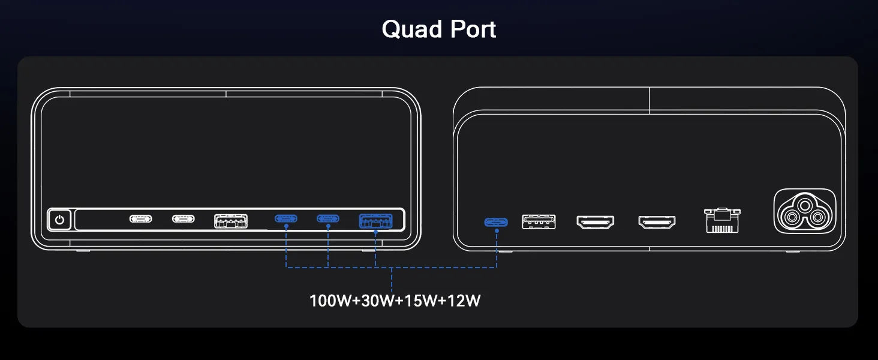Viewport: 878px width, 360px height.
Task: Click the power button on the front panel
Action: [59, 219]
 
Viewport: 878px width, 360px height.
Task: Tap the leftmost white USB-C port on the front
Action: [141, 219]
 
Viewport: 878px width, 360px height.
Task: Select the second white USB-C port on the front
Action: [184, 219]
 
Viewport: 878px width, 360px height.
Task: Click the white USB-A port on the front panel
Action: [231, 220]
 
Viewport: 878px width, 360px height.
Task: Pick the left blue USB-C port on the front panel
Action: [286, 218]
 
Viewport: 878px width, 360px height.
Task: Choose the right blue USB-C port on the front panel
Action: [328, 218]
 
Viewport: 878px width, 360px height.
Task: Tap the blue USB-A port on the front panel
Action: [375, 221]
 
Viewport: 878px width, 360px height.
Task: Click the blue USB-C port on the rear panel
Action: [496, 222]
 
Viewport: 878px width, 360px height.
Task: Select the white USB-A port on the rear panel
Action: [539, 221]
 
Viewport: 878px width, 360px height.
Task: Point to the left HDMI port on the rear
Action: [595, 222]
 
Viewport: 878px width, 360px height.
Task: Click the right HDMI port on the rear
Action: [657, 222]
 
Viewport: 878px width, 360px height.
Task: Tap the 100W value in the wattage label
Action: [330, 301]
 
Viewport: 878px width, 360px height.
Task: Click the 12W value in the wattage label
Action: [460, 301]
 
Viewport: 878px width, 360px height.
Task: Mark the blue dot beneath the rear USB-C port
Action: [496, 230]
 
